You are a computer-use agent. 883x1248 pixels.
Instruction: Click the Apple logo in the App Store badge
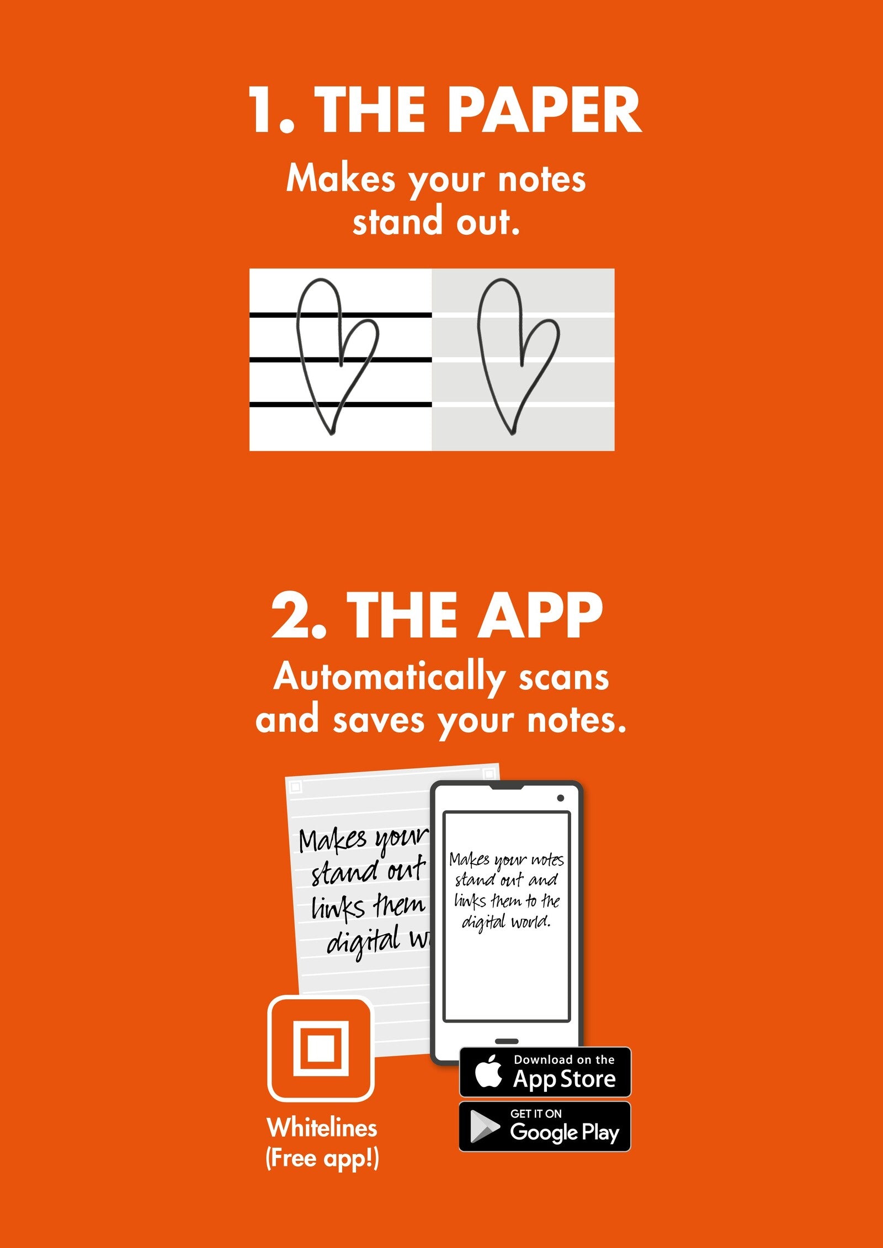(x=489, y=1072)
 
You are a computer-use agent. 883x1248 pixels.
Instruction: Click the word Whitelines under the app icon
(x=322, y=1128)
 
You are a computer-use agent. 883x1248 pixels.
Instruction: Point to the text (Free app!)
(x=322, y=1159)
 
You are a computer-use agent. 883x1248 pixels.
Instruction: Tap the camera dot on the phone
(x=560, y=798)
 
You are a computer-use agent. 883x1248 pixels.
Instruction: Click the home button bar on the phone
(x=507, y=1041)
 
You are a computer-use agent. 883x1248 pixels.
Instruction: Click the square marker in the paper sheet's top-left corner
(x=296, y=787)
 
